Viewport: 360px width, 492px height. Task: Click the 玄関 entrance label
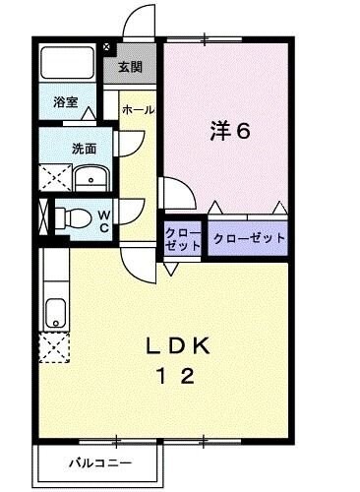131,67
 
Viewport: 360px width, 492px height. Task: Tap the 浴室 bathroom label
65,100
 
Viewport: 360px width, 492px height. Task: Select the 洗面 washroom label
84,150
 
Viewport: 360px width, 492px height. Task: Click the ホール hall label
138,110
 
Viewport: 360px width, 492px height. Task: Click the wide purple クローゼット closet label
248,238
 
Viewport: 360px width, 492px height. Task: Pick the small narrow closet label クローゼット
183,238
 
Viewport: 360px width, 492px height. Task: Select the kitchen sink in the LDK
53,314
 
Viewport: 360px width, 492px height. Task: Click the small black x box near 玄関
107,45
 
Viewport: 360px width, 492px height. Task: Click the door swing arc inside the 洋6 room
174,194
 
